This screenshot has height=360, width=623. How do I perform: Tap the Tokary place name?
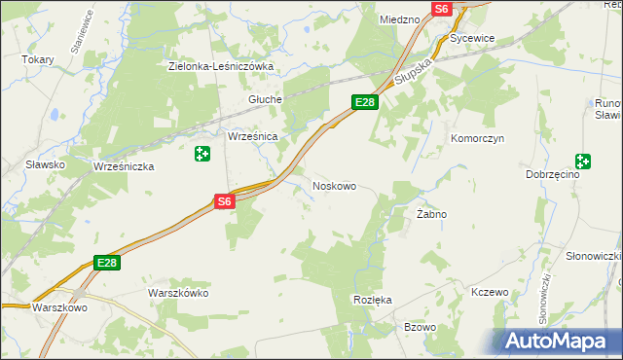[x=38, y=59]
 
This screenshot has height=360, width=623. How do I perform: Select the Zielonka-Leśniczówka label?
[x=221, y=67]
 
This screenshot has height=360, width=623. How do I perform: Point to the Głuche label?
[x=265, y=99]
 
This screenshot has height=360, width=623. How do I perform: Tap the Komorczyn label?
[x=475, y=138]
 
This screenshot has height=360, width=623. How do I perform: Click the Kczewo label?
[x=490, y=292]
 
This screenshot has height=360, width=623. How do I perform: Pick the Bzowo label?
[x=420, y=327]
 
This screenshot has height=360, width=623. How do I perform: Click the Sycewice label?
[x=473, y=39]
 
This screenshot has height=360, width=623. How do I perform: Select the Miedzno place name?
[x=399, y=18]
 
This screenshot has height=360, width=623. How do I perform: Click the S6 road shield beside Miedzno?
[x=442, y=9]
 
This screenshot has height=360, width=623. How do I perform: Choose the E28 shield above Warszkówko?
[x=107, y=263]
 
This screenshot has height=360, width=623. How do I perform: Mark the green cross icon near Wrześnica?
[x=202, y=154]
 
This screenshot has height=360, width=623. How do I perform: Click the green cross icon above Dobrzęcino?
[x=583, y=162]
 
